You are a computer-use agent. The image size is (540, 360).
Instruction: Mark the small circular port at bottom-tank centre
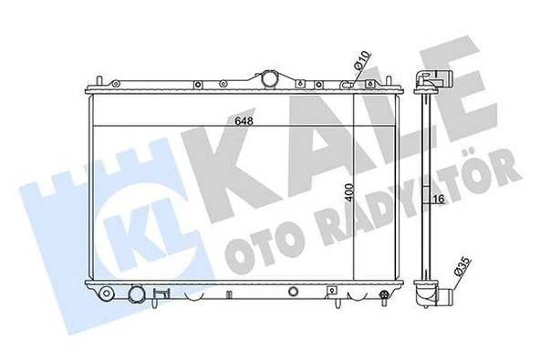(x=292, y=293)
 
